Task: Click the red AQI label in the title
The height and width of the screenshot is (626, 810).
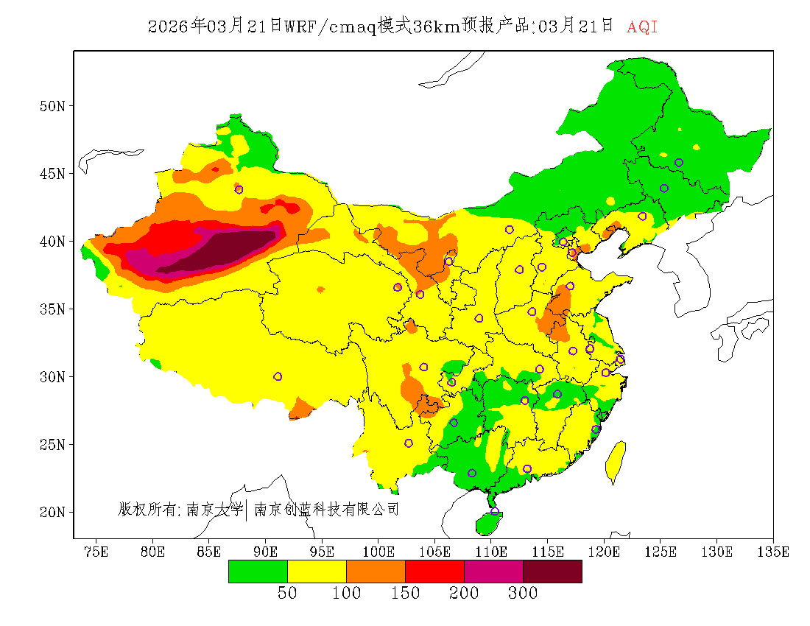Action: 642,27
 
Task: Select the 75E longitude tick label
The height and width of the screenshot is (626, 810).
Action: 96,552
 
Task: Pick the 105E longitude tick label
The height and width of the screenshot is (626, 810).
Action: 435,552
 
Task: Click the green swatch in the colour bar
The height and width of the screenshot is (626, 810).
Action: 258,571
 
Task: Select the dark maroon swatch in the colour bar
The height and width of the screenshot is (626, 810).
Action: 552,571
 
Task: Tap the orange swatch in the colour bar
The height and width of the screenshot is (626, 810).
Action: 376,571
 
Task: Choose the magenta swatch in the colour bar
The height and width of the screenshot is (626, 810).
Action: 493,571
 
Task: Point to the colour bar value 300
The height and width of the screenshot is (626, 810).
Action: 523,594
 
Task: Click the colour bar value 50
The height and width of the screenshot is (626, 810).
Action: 287,594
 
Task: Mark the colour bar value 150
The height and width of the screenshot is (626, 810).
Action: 405,594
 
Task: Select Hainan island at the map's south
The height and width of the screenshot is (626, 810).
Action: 488,522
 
